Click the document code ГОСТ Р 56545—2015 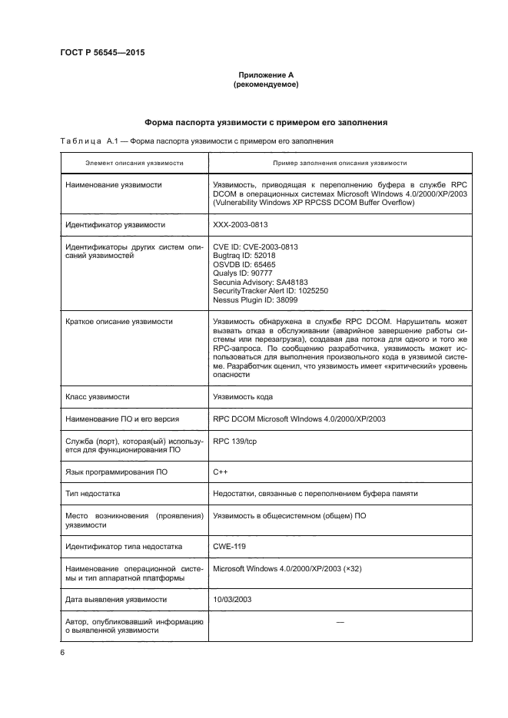pyautogui.click(x=102, y=53)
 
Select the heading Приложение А pyautogui.click(x=265, y=75)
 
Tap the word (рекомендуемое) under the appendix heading pyautogui.click(x=265, y=84)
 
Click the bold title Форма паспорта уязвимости pyautogui.click(x=265, y=123)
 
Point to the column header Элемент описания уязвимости pyautogui.click(x=134, y=164)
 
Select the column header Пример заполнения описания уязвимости pyautogui.click(x=340, y=164)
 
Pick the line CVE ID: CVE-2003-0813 pyautogui.click(x=255, y=247)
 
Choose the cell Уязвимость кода pyautogui.click(x=242, y=397)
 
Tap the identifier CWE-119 pyautogui.click(x=229, y=546)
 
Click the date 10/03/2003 pyautogui.click(x=232, y=599)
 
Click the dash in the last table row pyautogui.click(x=340, y=621)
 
